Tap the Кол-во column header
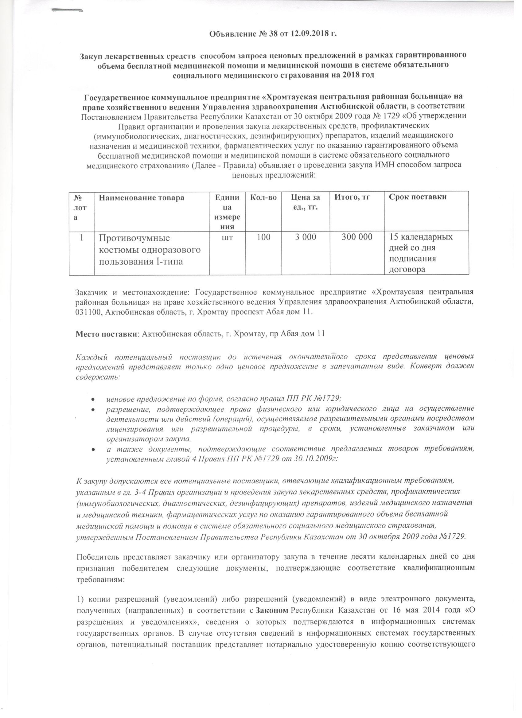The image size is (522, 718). tap(263, 197)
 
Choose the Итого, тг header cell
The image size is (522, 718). tap(353, 197)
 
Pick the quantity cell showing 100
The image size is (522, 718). tap(263, 237)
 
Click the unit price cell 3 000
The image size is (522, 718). tap(306, 237)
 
